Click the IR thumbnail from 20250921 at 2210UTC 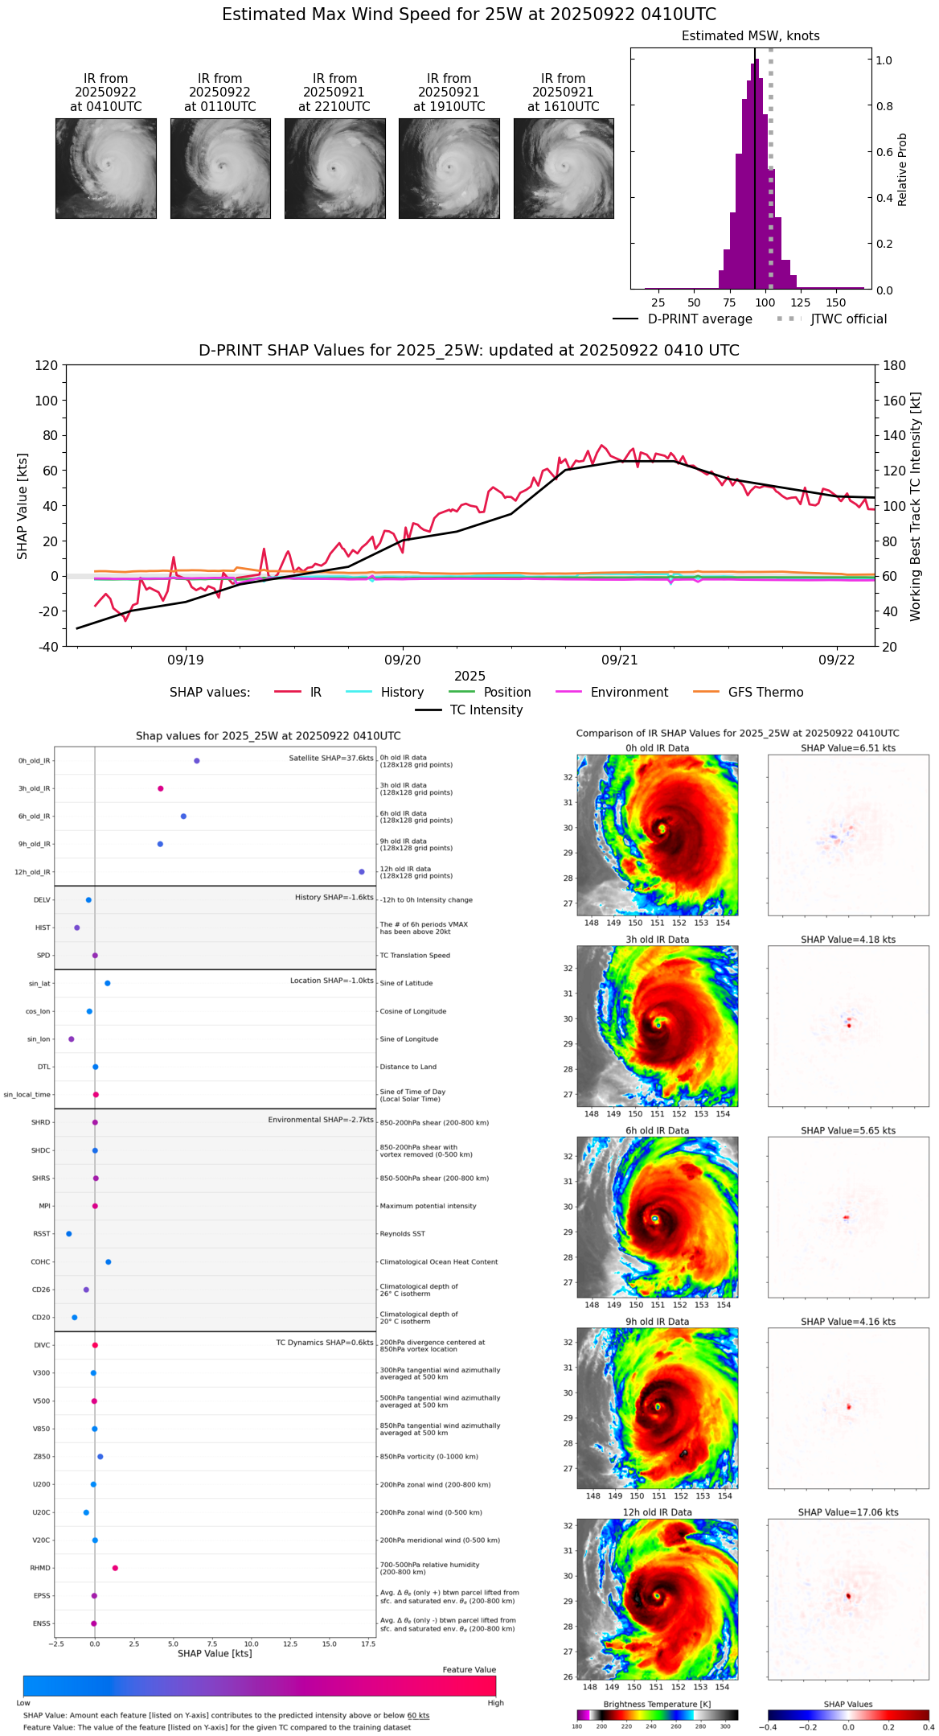pos(334,168)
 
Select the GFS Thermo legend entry pos(765,692)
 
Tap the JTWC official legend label pos(848,319)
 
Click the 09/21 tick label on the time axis pos(619,660)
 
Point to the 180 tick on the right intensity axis pos(895,365)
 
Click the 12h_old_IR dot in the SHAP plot pos(362,872)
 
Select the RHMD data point pos(115,1568)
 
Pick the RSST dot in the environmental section pos(69,1234)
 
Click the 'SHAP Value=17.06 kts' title pos(848,1512)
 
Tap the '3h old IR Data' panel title pos(657,940)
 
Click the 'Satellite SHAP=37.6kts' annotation pos(331,759)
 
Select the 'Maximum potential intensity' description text pos(428,1206)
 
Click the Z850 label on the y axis pos(41,1457)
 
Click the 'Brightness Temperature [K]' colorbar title pos(657,1704)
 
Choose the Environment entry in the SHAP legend pos(629,692)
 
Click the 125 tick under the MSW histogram pos(800,302)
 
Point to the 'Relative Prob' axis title pos(902,169)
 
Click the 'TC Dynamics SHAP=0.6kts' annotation pos(325,1343)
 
